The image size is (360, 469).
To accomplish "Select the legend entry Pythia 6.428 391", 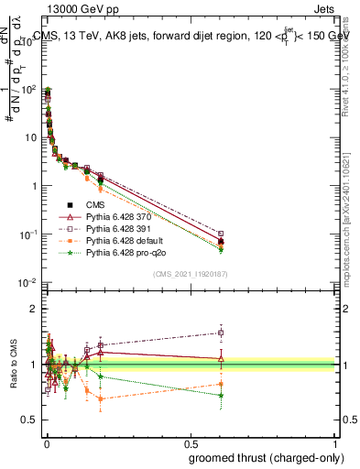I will [108, 227].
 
